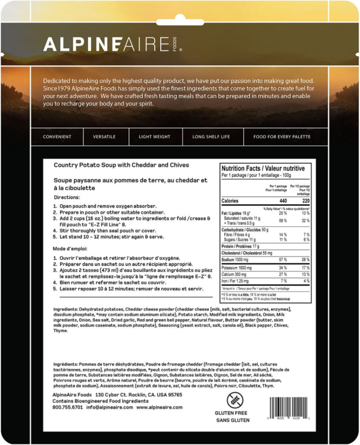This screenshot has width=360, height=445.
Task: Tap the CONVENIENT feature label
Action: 57,136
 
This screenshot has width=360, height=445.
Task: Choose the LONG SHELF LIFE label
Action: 211,136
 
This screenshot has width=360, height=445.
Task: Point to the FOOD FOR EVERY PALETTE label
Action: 282,136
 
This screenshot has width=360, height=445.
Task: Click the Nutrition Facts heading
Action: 263,168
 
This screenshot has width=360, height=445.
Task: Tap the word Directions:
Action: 66,196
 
